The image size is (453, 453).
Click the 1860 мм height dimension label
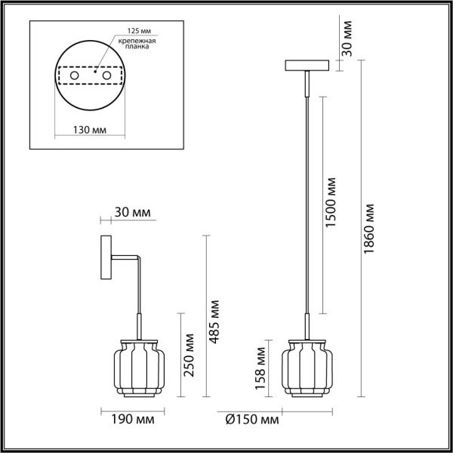click(369, 228)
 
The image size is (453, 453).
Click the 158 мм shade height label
click(260, 366)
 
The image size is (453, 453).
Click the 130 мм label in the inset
click(89, 130)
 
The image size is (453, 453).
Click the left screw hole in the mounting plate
click(75, 76)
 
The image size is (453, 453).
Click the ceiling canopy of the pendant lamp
click(307, 65)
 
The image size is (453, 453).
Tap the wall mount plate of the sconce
click(105, 260)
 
